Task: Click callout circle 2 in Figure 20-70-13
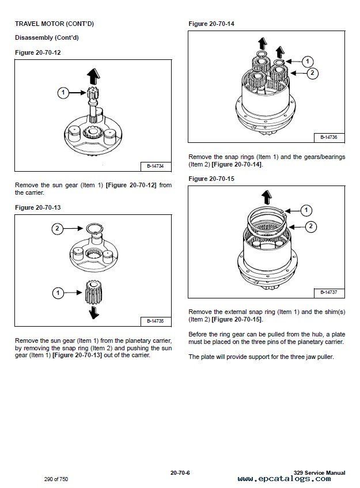(56, 229)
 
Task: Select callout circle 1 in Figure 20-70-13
(56, 293)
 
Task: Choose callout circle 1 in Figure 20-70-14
(308, 60)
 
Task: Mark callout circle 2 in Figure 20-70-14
(312, 73)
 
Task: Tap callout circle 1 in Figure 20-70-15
(306, 210)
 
